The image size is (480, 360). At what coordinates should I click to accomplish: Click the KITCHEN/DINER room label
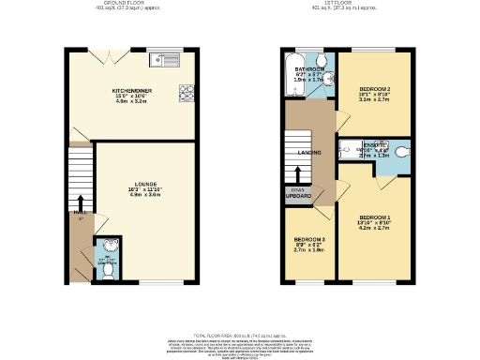click(131, 91)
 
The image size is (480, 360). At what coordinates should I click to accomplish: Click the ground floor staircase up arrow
click(80, 202)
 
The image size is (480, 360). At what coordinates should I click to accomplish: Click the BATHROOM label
click(309, 69)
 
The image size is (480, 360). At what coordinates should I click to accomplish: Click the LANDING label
click(309, 152)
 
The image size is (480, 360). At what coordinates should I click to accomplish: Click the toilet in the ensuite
click(402, 150)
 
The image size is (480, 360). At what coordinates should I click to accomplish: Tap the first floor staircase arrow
click(297, 175)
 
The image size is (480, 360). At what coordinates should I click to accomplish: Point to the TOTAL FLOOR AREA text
click(239, 335)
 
